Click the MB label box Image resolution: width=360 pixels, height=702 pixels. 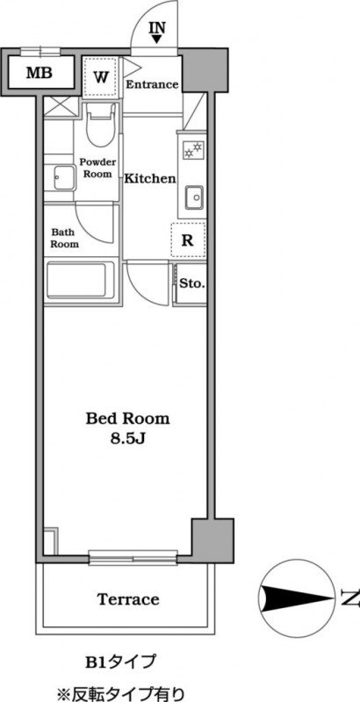(x=39, y=72)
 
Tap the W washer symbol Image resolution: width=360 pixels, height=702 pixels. (x=101, y=76)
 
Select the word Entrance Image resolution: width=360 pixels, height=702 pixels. (x=152, y=84)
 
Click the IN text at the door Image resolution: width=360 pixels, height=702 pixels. (x=157, y=28)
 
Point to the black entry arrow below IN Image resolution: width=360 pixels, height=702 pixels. (x=157, y=39)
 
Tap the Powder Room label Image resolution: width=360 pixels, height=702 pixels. (x=97, y=168)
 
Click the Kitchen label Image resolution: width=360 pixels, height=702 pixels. (x=149, y=179)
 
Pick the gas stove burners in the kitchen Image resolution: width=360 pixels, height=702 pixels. (x=193, y=149)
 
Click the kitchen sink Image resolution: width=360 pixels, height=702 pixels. (x=194, y=197)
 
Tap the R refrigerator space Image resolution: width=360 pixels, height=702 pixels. (x=188, y=240)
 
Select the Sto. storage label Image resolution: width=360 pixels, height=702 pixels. (x=192, y=283)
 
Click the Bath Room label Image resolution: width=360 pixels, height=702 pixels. (x=64, y=238)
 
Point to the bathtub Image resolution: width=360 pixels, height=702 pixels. (x=81, y=281)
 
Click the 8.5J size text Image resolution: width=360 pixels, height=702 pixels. (x=128, y=439)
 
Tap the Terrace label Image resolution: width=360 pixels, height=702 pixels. (x=128, y=599)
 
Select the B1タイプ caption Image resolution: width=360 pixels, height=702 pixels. (x=120, y=662)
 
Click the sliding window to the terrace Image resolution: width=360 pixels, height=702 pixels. (x=133, y=556)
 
